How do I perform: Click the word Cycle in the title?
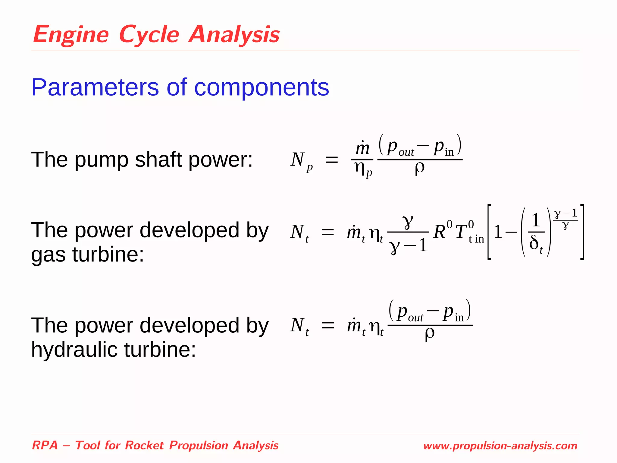(x=149, y=35)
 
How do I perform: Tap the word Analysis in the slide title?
(x=234, y=35)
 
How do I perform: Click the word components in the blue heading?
(x=262, y=87)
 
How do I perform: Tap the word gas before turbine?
(x=48, y=255)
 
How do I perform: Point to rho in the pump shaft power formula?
(x=419, y=168)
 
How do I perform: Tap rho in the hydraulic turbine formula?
(x=429, y=334)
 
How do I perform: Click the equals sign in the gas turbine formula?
(x=328, y=232)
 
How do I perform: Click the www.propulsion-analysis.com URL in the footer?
(x=500, y=446)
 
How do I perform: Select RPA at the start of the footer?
(x=45, y=445)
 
